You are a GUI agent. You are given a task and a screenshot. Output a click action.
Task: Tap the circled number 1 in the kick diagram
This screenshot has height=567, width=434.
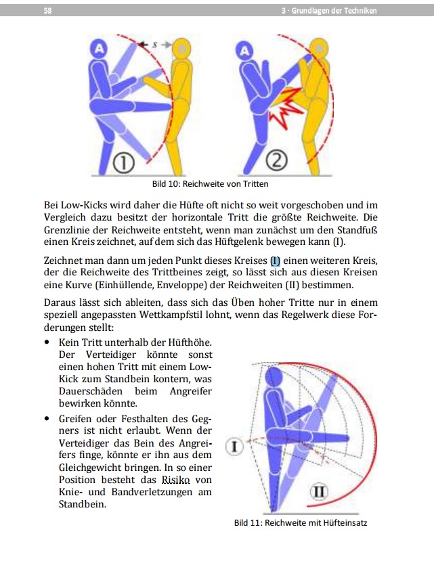(x=125, y=163)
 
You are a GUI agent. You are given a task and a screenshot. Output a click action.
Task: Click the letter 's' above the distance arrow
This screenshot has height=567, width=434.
(x=154, y=43)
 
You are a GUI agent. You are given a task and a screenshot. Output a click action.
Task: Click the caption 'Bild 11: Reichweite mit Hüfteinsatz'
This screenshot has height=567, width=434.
(x=301, y=523)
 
